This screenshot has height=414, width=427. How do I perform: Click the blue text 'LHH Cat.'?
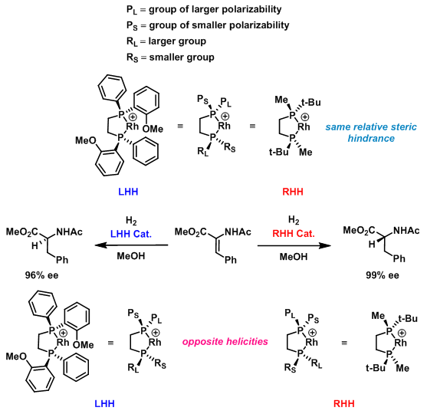tap(131, 234)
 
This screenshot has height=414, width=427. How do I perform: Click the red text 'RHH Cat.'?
tap(294, 233)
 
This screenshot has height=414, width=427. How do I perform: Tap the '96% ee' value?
tap(41, 275)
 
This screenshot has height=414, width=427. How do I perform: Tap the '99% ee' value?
tap(383, 275)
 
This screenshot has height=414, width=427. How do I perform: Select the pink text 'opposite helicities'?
tap(225, 342)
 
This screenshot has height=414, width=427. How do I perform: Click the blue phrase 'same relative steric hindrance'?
tap(371, 133)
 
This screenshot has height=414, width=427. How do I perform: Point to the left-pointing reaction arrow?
tap(131, 245)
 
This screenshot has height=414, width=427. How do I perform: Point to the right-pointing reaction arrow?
tap(294, 245)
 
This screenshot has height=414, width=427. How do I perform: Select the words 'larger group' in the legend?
tap(177, 41)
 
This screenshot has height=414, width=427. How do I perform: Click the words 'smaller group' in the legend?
tap(182, 58)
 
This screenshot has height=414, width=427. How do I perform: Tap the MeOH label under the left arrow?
tap(131, 256)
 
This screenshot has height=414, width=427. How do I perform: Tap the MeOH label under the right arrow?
tap(294, 257)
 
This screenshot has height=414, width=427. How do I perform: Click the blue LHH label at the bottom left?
tap(104, 403)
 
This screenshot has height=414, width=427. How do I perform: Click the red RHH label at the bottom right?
tap(344, 403)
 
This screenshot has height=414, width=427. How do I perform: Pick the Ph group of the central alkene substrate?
tap(231, 260)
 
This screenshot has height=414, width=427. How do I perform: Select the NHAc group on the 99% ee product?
tap(406, 231)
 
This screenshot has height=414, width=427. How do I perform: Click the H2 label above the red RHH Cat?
tap(294, 219)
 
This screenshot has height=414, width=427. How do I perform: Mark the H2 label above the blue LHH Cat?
tap(131, 220)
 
